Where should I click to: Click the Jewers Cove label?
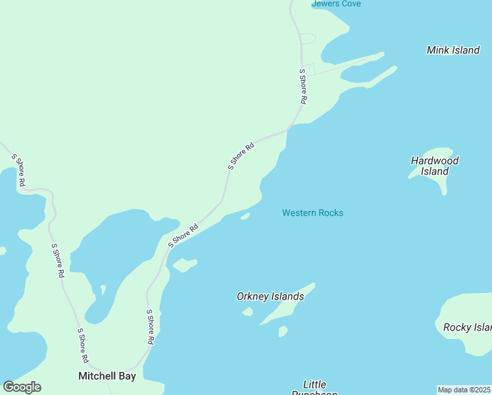click(336, 4)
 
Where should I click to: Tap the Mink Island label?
click(453, 50)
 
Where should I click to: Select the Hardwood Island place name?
click(435, 166)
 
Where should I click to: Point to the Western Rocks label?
click(312, 213)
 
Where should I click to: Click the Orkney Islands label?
click(270, 296)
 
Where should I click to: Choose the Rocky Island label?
click(467, 327)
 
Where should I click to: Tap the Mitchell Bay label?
click(107, 377)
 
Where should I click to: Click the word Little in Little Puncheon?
click(314, 384)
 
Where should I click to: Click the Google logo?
click(22, 387)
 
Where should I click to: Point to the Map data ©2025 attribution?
click(464, 390)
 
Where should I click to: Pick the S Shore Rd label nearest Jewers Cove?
click(303, 87)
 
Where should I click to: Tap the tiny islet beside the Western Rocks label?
click(245, 216)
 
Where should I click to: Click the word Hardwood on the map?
click(435, 161)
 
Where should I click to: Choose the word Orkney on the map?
click(253, 296)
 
